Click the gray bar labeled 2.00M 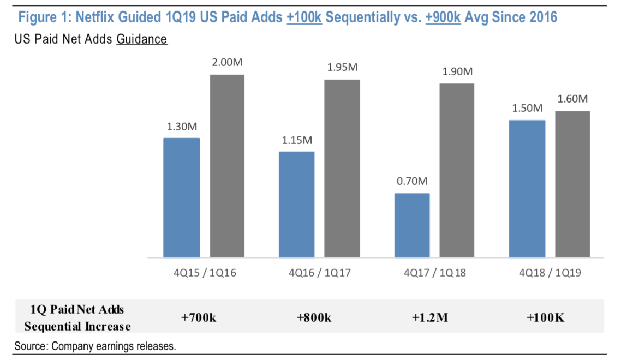point(227,166)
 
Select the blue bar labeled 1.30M point(182,197)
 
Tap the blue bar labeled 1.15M point(297,204)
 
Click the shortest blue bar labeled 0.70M point(412,225)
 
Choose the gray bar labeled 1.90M point(457,170)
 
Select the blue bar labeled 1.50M point(527,189)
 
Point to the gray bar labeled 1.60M point(572,184)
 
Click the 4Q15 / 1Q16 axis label point(205,273)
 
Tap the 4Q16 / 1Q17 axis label point(320,273)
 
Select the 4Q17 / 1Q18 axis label point(435,273)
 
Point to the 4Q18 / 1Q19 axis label point(550,273)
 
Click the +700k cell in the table point(199,317)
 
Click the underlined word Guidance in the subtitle point(141,39)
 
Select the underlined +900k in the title point(443,17)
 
